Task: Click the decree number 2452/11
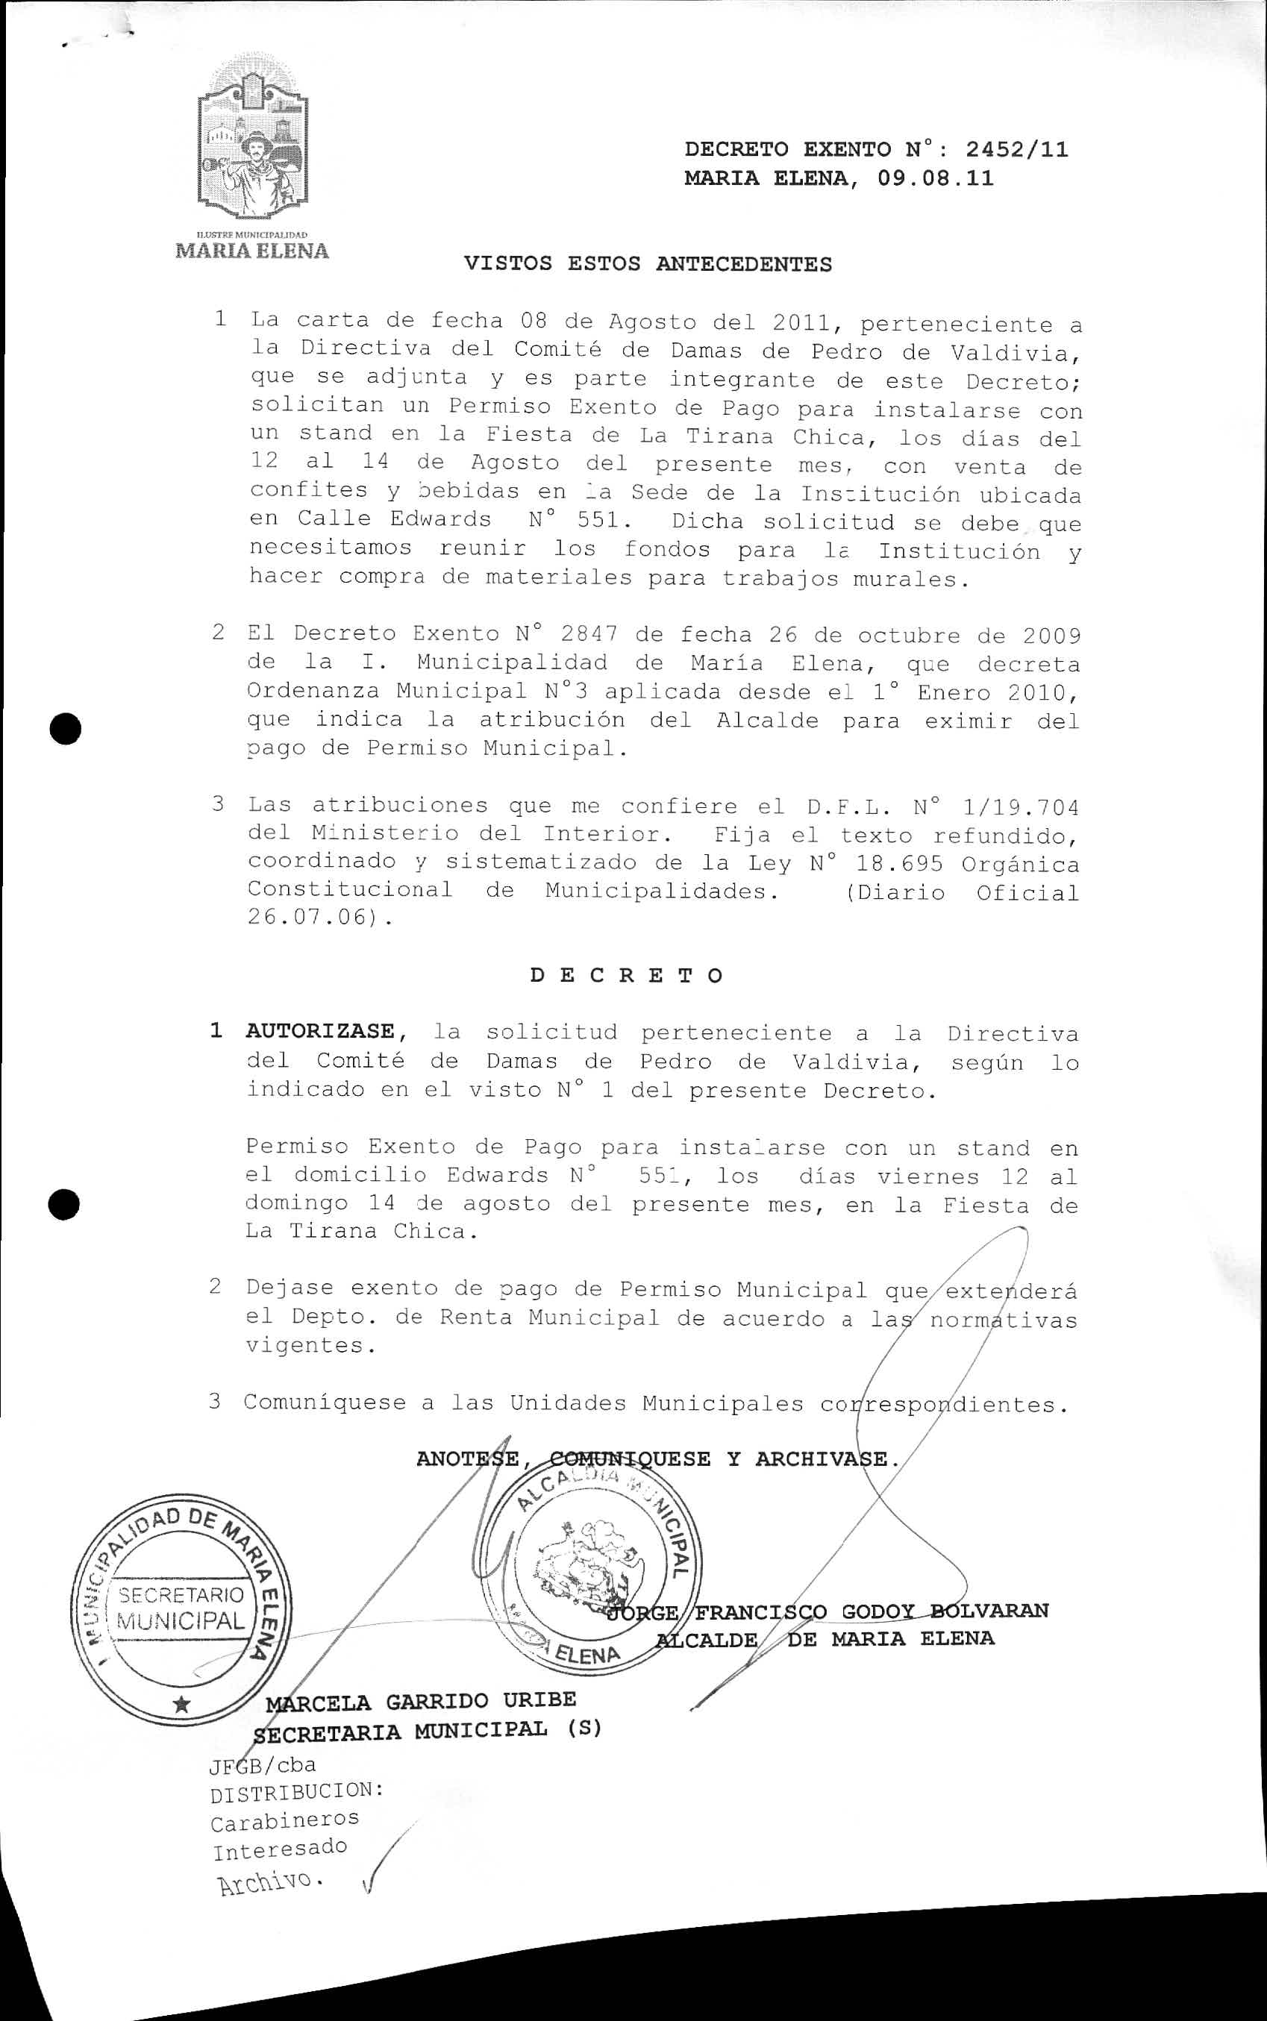(x=1016, y=150)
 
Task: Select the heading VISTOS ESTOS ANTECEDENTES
(x=648, y=264)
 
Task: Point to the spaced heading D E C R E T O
(x=626, y=975)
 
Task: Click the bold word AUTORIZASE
(x=319, y=1031)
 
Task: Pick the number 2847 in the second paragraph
(x=589, y=634)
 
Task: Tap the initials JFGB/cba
(x=263, y=1764)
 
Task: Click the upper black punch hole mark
(x=64, y=728)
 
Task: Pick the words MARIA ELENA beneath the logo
(x=251, y=251)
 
